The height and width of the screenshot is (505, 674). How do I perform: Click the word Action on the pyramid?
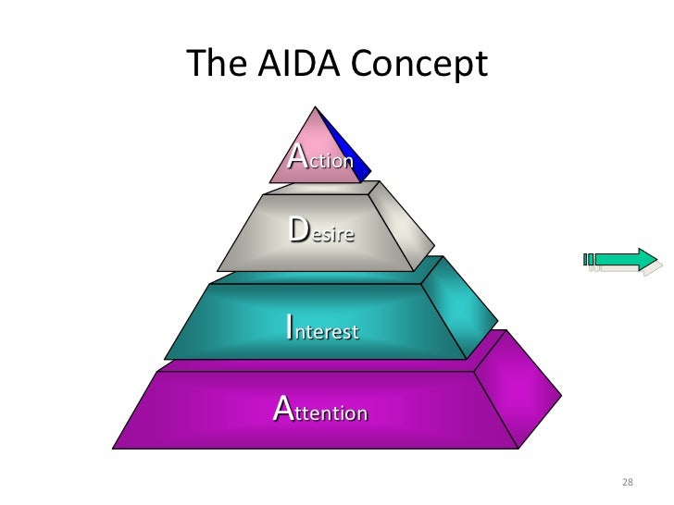point(321,157)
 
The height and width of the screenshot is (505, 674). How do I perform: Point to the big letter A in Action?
point(298,154)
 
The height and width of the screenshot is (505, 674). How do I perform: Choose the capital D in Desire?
point(300,228)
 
